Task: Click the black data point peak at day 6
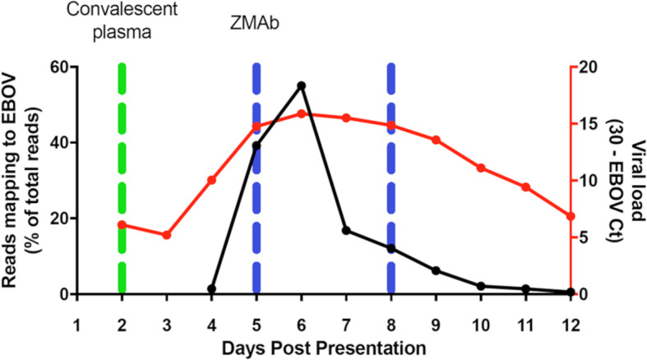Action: [x=301, y=85]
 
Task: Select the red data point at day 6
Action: [x=301, y=113]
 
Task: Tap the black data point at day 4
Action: [x=211, y=289]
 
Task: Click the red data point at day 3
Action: [x=167, y=235]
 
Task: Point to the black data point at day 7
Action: [x=346, y=231]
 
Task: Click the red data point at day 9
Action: [x=436, y=140]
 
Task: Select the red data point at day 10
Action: [x=480, y=168]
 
